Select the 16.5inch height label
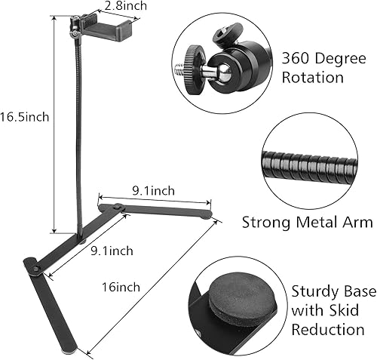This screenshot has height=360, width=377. click(x=25, y=117)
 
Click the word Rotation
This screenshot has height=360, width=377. click(x=314, y=77)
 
